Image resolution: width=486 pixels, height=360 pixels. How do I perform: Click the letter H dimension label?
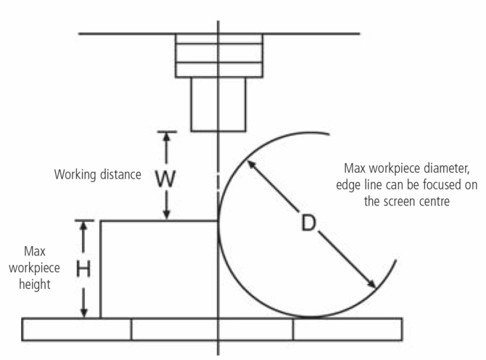84,269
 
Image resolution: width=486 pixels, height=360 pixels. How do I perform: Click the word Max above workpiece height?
35,251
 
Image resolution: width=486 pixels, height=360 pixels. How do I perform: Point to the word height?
35,284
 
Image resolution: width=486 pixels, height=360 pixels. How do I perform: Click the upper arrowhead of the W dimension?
167,136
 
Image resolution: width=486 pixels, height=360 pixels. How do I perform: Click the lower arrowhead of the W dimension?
167,215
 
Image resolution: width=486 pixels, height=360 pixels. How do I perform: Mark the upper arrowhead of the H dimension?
84,225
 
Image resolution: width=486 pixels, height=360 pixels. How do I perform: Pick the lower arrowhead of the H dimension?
84,313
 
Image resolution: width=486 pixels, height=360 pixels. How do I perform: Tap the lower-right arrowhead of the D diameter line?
372,285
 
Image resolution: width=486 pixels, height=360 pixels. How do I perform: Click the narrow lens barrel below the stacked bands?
218,104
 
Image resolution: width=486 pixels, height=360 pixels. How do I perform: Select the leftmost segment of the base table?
77,330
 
